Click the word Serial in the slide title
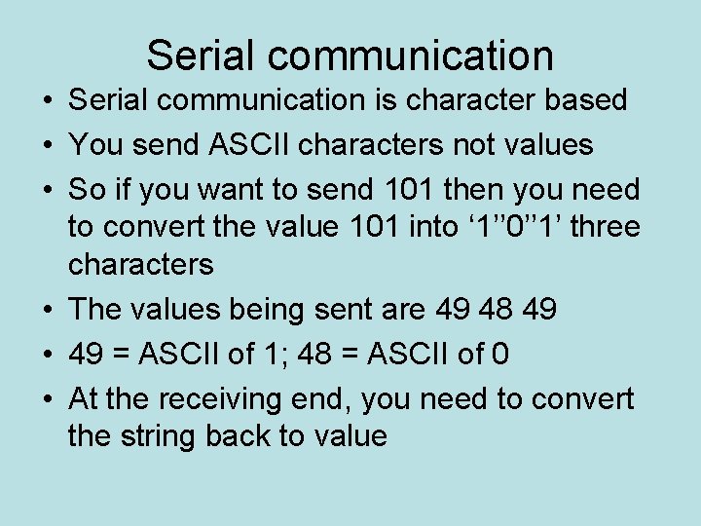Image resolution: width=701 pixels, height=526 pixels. coord(199,56)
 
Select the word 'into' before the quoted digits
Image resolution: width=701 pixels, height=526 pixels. coord(429,227)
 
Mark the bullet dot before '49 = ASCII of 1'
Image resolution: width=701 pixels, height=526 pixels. coord(47,354)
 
